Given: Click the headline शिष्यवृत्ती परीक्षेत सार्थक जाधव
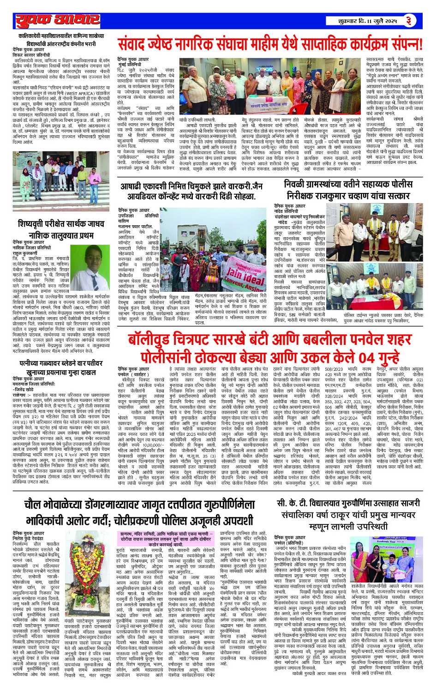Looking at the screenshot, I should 59,230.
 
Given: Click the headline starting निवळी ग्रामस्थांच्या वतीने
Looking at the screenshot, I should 347,189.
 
